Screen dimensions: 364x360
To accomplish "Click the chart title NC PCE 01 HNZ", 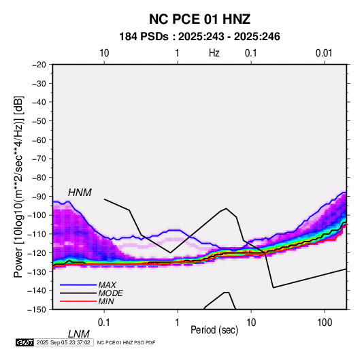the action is click(199, 19).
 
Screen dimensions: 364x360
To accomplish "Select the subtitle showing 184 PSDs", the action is click(199, 37).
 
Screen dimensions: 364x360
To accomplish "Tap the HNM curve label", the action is click(80, 193).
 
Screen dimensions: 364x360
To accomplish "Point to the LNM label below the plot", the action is click(79, 334).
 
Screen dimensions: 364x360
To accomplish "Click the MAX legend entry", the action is click(107, 284).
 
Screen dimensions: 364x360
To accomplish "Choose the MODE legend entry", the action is click(110, 293).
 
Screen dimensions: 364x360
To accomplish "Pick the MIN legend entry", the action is click(106, 301).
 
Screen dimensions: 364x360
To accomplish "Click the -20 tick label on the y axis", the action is click(39, 65).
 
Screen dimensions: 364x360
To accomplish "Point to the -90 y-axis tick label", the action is click(39, 196).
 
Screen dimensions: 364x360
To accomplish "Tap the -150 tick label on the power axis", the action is click(37, 310).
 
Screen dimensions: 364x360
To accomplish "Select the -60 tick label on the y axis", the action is click(39, 140).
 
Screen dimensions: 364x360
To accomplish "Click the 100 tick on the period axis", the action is click(325, 323).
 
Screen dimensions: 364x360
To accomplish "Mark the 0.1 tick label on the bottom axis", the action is click(104, 323).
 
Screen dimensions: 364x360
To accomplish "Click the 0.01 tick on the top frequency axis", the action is click(324, 53).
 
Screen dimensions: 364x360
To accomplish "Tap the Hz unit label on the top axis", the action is click(214, 53).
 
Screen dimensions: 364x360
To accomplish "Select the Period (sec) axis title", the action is click(214, 330).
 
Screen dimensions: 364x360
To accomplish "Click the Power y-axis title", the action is click(18, 187).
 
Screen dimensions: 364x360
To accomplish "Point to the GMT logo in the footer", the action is click(24, 342).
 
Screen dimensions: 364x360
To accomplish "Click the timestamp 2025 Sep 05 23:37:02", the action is click(63, 342).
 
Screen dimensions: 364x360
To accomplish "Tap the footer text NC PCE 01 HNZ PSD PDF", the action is click(126, 342).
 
